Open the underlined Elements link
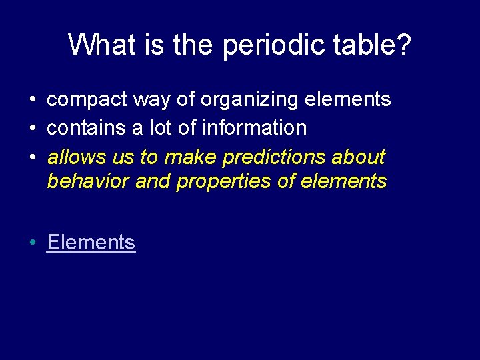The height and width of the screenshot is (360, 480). pyautogui.click(x=91, y=243)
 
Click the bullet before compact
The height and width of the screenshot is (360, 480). pyautogui.click(x=32, y=101)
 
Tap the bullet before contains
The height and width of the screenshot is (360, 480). pyautogui.click(x=32, y=129)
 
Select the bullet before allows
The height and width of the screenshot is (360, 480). pyautogui.click(x=32, y=158)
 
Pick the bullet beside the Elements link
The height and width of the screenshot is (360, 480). pyautogui.click(x=32, y=243)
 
